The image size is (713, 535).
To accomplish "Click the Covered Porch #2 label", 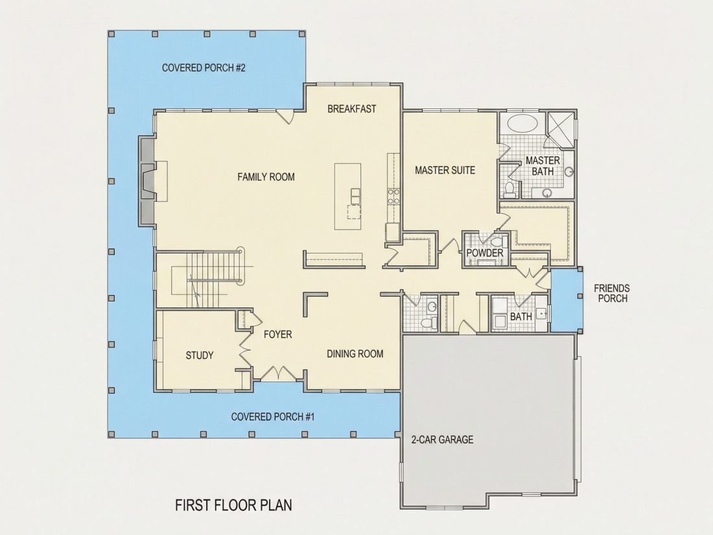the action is pyautogui.click(x=204, y=68).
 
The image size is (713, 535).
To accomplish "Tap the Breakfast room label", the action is pyautogui.click(x=352, y=109).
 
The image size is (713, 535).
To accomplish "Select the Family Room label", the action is pyautogui.click(x=266, y=176).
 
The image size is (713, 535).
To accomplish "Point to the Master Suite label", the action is pyautogui.click(x=445, y=170).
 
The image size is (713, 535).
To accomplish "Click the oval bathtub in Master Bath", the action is pyautogui.click(x=522, y=124).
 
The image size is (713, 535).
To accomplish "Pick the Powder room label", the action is pyautogui.click(x=485, y=252).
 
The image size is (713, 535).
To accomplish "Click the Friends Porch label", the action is pyautogui.click(x=613, y=293).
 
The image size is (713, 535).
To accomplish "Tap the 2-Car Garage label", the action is pyautogui.click(x=442, y=440).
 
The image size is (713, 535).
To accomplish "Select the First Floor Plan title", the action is pyautogui.click(x=234, y=505).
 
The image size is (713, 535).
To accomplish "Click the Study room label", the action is pyautogui.click(x=199, y=355).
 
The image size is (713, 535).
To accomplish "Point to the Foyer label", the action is pyautogui.click(x=278, y=335).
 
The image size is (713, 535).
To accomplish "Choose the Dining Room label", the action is pyautogui.click(x=355, y=353).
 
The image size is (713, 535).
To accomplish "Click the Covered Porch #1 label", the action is pyautogui.click(x=273, y=417).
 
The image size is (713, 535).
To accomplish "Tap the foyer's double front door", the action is pyautogui.click(x=278, y=373).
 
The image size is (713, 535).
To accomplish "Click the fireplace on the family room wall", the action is pyautogui.click(x=147, y=181).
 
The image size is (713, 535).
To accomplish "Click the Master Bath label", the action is pyautogui.click(x=543, y=165).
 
